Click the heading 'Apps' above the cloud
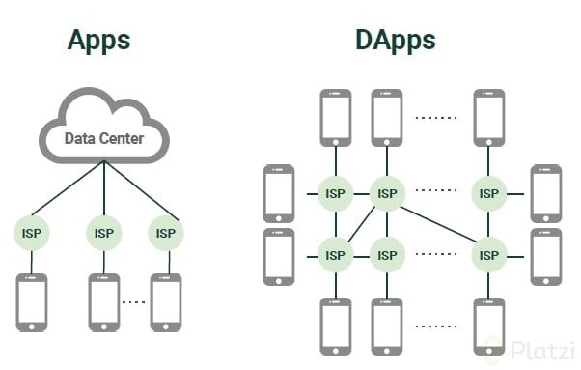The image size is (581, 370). (98, 41)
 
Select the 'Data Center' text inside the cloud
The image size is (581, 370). (103, 138)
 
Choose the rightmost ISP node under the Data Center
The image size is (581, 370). (165, 233)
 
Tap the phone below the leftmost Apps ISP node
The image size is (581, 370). (31, 301)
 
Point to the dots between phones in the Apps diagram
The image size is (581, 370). (134, 301)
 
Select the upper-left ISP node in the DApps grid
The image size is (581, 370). (335, 193)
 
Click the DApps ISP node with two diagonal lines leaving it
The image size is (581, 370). (387, 193)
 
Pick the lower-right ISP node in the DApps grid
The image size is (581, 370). (489, 256)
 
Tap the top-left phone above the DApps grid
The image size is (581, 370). (335, 117)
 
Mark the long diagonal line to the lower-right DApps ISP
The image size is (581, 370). (439, 225)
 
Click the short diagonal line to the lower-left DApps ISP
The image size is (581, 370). (361, 225)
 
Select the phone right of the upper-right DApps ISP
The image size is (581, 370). (545, 193)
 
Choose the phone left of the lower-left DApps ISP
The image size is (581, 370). (278, 256)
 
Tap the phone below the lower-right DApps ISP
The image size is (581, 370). (489, 326)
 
